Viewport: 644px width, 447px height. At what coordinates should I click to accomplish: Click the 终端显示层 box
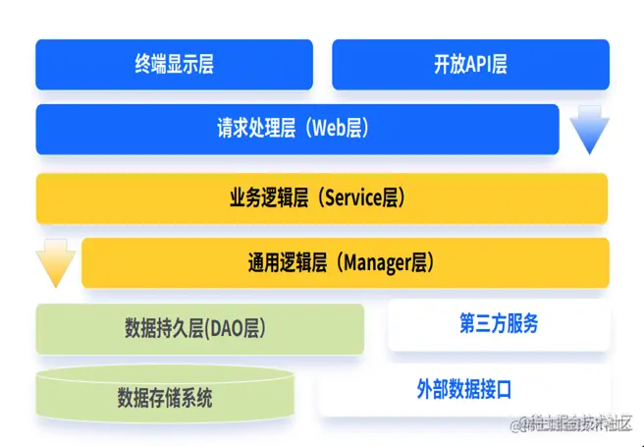[174, 65]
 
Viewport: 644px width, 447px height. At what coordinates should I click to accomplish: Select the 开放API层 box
[470, 65]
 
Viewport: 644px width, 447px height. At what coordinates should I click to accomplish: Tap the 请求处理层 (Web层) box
[296, 130]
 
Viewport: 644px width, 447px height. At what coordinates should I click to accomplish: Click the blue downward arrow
[589, 131]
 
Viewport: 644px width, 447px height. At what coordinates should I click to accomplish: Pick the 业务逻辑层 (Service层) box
[321, 197]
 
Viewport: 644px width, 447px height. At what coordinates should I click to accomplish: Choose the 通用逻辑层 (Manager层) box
[345, 262]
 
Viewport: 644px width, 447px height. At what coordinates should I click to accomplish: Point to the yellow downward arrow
[55, 263]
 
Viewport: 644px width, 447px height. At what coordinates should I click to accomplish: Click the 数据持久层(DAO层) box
[199, 328]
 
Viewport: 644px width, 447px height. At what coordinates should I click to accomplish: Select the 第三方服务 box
[499, 325]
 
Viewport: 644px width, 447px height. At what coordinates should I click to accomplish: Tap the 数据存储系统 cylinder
[165, 396]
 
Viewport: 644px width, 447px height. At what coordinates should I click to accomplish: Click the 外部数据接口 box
[463, 390]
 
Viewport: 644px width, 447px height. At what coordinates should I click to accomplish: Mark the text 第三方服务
[499, 325]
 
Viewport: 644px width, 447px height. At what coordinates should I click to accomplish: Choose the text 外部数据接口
[463, 390]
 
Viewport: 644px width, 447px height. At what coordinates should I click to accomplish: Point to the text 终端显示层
[174, 65]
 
